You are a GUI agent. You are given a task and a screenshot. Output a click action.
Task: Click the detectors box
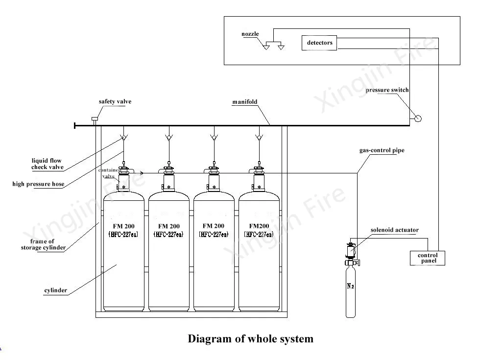(x=319, y=43)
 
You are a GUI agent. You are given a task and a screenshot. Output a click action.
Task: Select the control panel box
(x=427, y=258)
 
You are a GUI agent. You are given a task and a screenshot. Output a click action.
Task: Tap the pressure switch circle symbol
(x=417, y=118)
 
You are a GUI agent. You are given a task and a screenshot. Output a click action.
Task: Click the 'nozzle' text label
(x=250, y=34)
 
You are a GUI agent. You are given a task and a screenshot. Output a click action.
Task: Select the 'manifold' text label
(x=244, y=102)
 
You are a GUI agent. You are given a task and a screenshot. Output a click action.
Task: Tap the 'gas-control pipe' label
(x=382, y=150)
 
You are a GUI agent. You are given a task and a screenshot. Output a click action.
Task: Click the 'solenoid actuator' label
(x=394, y=230)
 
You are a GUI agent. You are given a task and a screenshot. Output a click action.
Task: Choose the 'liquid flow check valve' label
(x=48, y=164)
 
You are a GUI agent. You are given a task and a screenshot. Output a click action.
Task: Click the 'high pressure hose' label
(x=38, y=184)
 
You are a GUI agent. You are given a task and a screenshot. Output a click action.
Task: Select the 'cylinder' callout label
(x=56, y=290)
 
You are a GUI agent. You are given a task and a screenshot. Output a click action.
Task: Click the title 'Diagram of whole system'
(x=250, y=338)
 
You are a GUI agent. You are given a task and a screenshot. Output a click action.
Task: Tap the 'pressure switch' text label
(x=387, y=90)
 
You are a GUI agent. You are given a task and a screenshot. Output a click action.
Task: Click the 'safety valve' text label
(x=115, y=102)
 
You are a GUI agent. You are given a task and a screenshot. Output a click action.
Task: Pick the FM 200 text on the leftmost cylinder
(x=123, y=226)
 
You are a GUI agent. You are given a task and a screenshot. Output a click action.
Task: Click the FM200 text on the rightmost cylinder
(x=259, y=226)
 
